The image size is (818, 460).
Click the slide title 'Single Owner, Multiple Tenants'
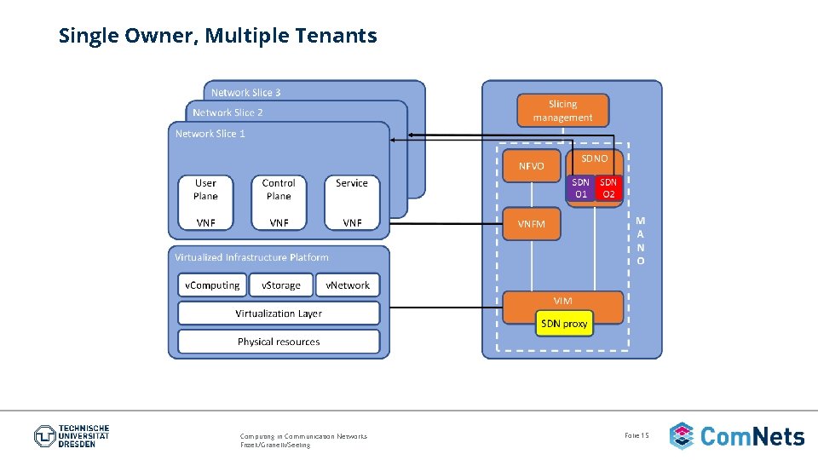(x=217, y=36)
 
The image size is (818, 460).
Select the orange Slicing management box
(x=562, y=111)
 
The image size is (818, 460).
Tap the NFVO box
(x=531, y=166)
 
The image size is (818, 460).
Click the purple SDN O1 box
(x=580, y=188)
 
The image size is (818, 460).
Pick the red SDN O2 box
(x=608, y=188)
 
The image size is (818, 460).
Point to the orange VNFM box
(x=532, y=224)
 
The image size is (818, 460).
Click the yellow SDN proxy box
(x=563, y=324)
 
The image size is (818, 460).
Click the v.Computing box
(x=212, y=285)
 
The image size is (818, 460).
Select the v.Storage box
(x=280, y=285)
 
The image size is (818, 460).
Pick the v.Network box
(x=348, y=285)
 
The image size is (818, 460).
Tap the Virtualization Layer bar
(x=279, y=313)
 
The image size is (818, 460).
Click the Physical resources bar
(x=279, y=342)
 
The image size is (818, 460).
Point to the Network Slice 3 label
(x=245, y=93)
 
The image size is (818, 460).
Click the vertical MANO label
(x=641, y=240)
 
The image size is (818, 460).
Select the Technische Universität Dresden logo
(x=72, y=436)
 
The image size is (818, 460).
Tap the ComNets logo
(x=737, y=436)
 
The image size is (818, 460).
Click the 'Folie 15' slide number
(x=637, y=435)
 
